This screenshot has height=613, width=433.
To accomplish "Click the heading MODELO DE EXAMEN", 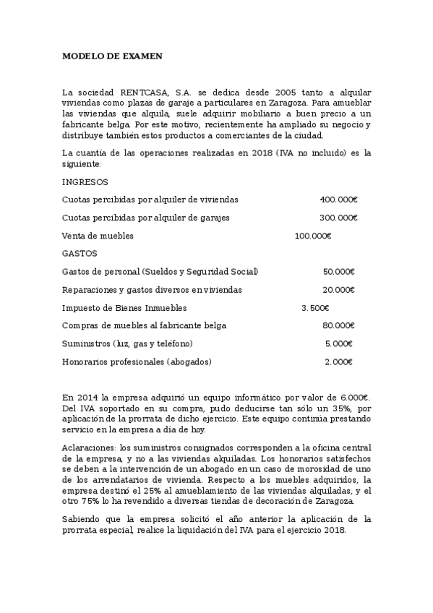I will (112, 56).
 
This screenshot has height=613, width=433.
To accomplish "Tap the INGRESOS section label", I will (85, 182).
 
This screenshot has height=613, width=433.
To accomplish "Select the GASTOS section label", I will (80, 253).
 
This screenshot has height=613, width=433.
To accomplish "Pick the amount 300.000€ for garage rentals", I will (338, 218).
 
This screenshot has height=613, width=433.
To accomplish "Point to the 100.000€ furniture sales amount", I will (313, 236).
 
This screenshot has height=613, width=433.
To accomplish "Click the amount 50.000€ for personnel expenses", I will (338, 272).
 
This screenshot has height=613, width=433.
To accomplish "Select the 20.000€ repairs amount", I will (338, 290).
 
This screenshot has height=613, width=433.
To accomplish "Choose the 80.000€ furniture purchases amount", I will (338, 325).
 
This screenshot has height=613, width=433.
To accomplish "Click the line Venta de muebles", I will (98, 236).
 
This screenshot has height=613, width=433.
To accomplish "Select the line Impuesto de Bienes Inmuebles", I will (124, 308).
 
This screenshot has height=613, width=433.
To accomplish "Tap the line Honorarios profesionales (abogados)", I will (137, 361).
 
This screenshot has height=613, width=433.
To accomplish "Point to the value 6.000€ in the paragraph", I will (354, 398).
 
